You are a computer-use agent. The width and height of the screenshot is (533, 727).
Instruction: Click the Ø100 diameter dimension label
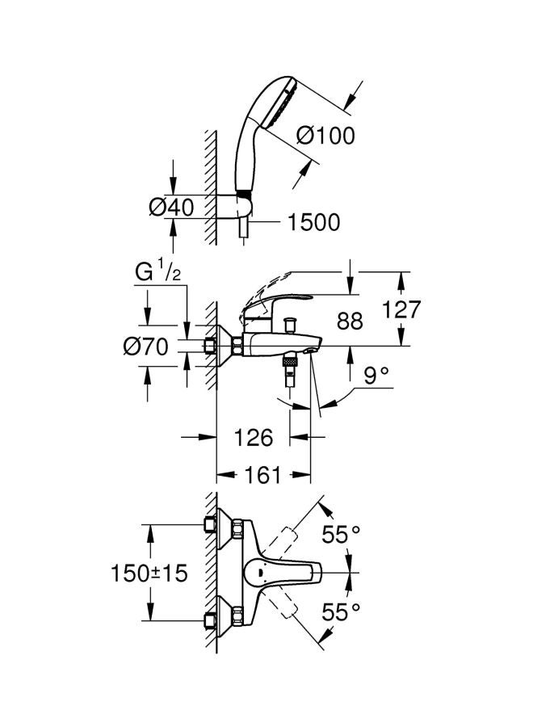pos(325,136)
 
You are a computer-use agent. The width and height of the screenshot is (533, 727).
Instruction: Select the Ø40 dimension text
pos(171,207)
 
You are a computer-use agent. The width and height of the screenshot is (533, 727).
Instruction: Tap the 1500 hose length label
pos(314,223)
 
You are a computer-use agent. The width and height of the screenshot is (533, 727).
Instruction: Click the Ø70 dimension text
pos(145,347)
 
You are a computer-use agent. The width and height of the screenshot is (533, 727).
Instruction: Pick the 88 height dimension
pos(350,321)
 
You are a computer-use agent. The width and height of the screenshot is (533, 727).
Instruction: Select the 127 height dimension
pos(401,309)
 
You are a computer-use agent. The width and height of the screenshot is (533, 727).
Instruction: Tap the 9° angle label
pos(375,375)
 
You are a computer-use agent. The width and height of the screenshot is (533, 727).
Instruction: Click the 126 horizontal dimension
pos(253,437)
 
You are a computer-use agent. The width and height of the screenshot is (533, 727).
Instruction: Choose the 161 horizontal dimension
pos(262,475)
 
